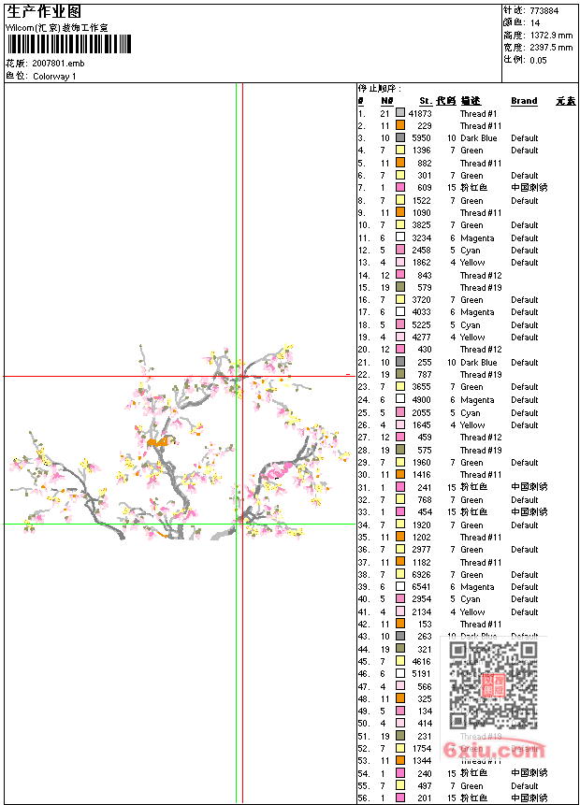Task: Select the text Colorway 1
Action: tap(54, 76)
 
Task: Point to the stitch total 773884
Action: tap(544, 11)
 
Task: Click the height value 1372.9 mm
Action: tap(550, 36)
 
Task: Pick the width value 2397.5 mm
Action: tap(550, 48)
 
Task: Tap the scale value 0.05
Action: tap(538, 60)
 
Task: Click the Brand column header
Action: tap(524, 101)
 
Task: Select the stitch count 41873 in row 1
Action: tap(420, 113)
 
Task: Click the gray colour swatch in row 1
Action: tap(400, 113)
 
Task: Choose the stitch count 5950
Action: tap(422, 138)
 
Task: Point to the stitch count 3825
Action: tap(422, 225)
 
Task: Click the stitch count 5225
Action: tap(422, 325)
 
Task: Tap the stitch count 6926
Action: tap(422, 575)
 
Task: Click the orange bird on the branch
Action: tap(157, 440)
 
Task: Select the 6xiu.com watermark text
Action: tap(476, 750)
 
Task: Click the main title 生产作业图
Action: tap(44, 12)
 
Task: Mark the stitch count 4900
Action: tap(422, 400)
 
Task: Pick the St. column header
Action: tap(426, 101)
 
